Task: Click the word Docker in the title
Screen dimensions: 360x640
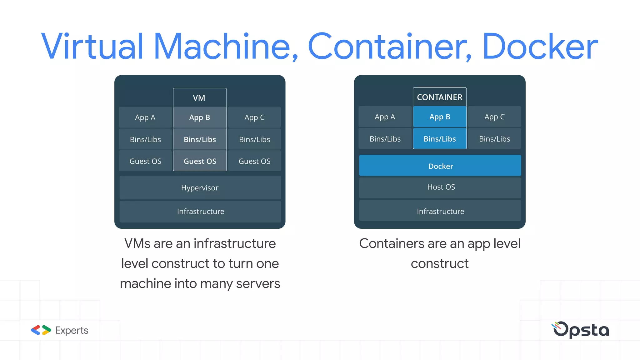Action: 539,47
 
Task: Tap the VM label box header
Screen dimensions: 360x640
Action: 199,98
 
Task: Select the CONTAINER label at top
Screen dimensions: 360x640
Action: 439,97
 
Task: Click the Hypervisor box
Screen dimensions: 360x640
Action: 200,187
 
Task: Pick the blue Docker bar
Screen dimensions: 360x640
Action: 440,166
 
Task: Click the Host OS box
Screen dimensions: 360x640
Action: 440,187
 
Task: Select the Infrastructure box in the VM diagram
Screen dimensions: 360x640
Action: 200,212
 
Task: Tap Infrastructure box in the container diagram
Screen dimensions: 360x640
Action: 440,211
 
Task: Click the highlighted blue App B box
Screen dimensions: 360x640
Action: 439,117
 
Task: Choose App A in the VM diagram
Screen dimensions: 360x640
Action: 145,117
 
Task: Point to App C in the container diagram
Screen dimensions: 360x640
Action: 494,117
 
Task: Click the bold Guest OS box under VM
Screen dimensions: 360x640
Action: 200,161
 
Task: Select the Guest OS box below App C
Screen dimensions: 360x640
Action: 254,161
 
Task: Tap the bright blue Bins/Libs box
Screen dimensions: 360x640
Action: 439,139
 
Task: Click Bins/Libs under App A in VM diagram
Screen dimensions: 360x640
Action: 145,139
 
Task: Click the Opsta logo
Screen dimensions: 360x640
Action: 581,330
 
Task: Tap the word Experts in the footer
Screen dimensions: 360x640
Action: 72,330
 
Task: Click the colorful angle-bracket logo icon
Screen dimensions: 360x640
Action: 41,330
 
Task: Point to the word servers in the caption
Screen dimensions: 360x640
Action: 258,284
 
